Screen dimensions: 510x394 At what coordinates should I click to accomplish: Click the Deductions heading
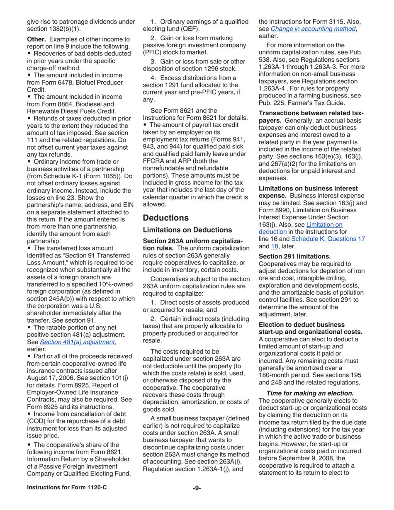point(165,218)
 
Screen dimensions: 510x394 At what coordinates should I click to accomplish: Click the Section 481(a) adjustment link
point(77,342)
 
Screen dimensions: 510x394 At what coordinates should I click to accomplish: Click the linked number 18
point(274,246)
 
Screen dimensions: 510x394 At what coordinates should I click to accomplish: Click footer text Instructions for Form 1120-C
point(67,488)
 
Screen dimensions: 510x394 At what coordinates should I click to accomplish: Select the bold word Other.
point(36,39)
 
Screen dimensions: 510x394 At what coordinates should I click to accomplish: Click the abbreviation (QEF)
point(190,29)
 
